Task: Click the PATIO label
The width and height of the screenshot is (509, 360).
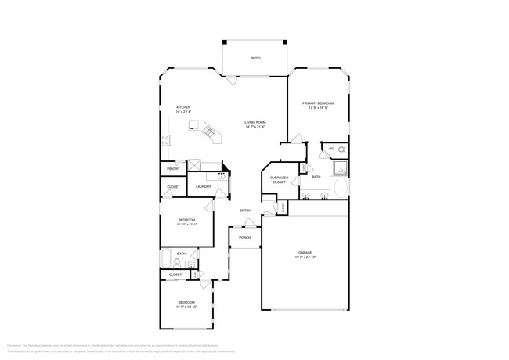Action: click(255, 59)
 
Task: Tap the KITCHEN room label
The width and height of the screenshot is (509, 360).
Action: click(183, 107)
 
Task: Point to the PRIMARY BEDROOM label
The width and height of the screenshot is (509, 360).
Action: click(319, 103)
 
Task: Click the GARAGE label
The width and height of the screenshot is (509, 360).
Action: click(305, 253)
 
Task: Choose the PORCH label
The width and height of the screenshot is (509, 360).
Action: click(244, 237)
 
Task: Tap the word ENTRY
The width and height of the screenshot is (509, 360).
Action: click(245, 210)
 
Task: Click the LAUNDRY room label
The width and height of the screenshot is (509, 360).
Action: click(203, 186)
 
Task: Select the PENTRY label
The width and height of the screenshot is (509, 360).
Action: click(173, 169)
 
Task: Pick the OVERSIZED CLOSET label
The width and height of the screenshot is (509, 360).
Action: click(280, 179)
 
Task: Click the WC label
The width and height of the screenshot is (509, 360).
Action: click(331, 148)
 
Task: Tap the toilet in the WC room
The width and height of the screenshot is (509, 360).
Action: click(342, 149)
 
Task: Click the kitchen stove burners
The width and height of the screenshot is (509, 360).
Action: click(166, 140)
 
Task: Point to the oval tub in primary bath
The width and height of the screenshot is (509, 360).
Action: click(341, 189)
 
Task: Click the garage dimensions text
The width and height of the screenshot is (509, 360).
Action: click(305, 257)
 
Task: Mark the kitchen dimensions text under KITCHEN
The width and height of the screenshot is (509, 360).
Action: click(183, 112)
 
